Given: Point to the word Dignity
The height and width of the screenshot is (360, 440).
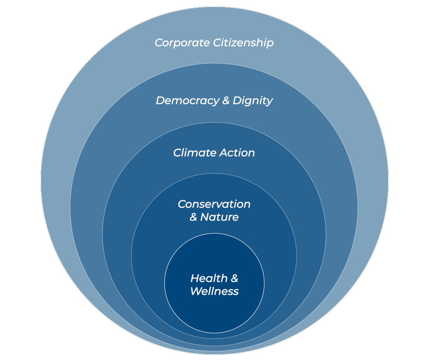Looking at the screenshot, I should [252, 101].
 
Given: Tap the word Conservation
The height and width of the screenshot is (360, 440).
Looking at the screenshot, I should [214, 204].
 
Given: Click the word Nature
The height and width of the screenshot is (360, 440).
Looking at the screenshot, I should [220, 217].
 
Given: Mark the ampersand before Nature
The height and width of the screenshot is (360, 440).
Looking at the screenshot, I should [194, 217].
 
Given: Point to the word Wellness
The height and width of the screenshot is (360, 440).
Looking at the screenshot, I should [214, 291].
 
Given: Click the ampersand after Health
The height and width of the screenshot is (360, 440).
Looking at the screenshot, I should [233, 278].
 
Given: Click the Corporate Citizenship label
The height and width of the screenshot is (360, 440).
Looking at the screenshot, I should [214, 43].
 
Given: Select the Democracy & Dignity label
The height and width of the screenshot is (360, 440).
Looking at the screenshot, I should [214, 101].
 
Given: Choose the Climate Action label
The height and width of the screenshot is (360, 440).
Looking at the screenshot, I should [214, 153].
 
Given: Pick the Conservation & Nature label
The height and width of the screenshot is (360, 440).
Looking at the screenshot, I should [214, 211].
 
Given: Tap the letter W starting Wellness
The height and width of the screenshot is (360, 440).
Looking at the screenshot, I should [195, 291].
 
